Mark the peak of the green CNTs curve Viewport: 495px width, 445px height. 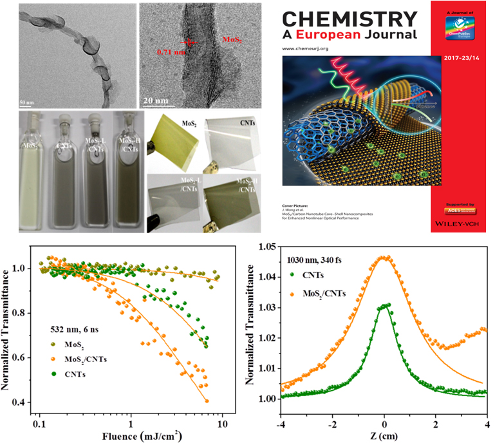[384, 305]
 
